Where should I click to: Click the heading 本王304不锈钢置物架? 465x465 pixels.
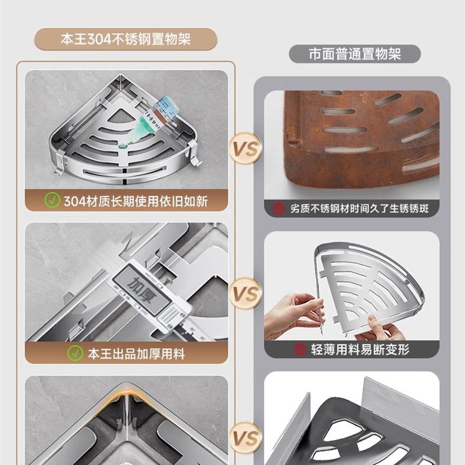coord(126,41)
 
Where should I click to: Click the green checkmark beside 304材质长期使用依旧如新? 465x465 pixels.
coord(53,201)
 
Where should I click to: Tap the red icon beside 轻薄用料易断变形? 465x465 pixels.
coord(300,349)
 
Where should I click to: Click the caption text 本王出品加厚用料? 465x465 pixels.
coord(136,352)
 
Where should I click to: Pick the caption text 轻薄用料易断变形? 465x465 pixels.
coord(360,349)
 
